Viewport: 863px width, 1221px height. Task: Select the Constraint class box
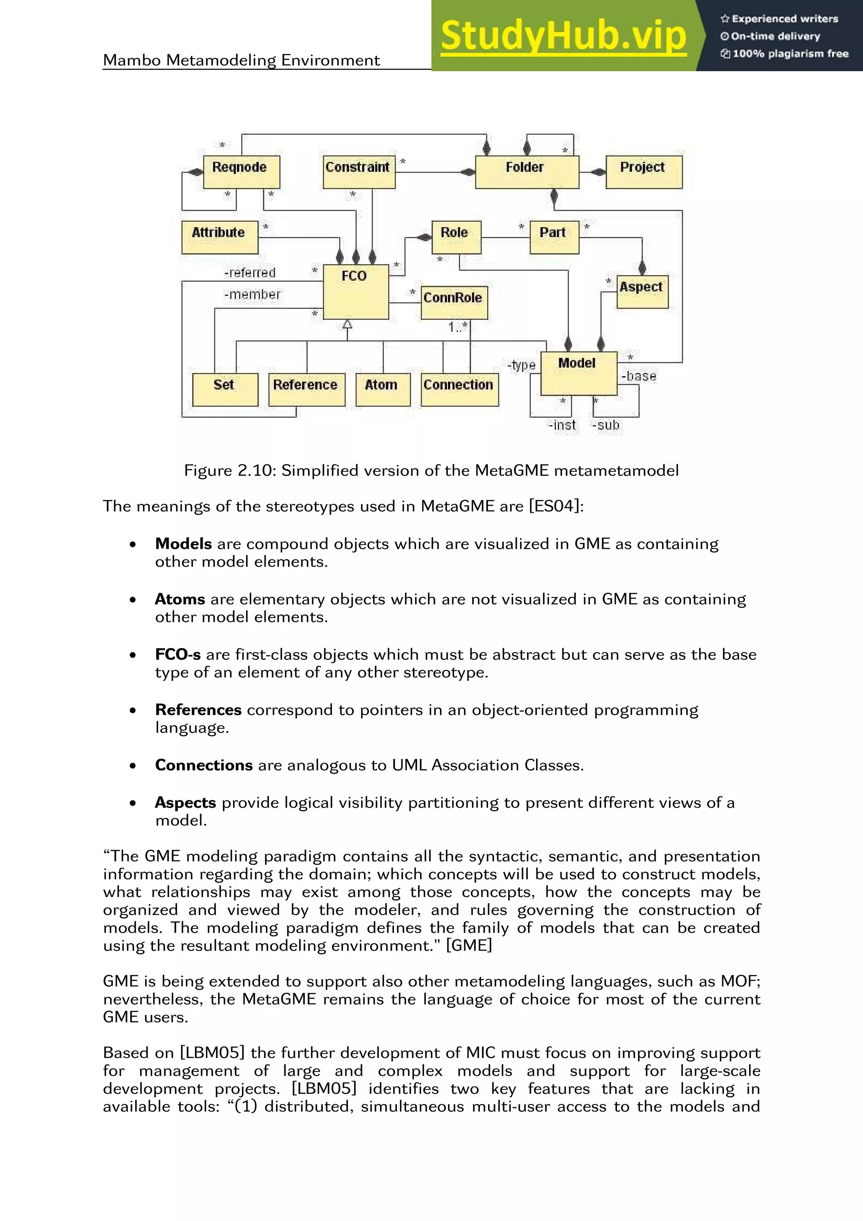tap(359, 172)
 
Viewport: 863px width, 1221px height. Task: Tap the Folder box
tap(526, 172)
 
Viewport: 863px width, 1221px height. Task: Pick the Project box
tap(643, 172)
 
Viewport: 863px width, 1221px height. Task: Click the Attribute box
tap(220, 237)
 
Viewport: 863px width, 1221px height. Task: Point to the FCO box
tap(356, 292)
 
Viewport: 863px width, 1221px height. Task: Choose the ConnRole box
tap(453, 303)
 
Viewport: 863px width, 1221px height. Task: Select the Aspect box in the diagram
tap(642, 292)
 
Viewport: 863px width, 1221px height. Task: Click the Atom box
tap(382, 389)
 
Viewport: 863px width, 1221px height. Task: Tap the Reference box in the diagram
tap(306, 389)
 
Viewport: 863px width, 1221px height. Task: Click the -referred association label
tap(250, 273)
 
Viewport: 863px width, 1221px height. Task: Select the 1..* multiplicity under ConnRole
tap(457, 327)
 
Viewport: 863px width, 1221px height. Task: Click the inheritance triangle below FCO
tap(347, 323)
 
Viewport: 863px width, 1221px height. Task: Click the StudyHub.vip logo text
tap(563, 36)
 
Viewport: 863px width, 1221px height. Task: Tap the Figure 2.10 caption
tap(431, 471)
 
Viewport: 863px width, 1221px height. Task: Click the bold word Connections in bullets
tap(204, 765)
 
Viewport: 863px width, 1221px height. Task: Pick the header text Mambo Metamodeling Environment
tap(241, 60)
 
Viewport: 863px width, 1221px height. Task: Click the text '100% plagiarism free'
tap(790, 54)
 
